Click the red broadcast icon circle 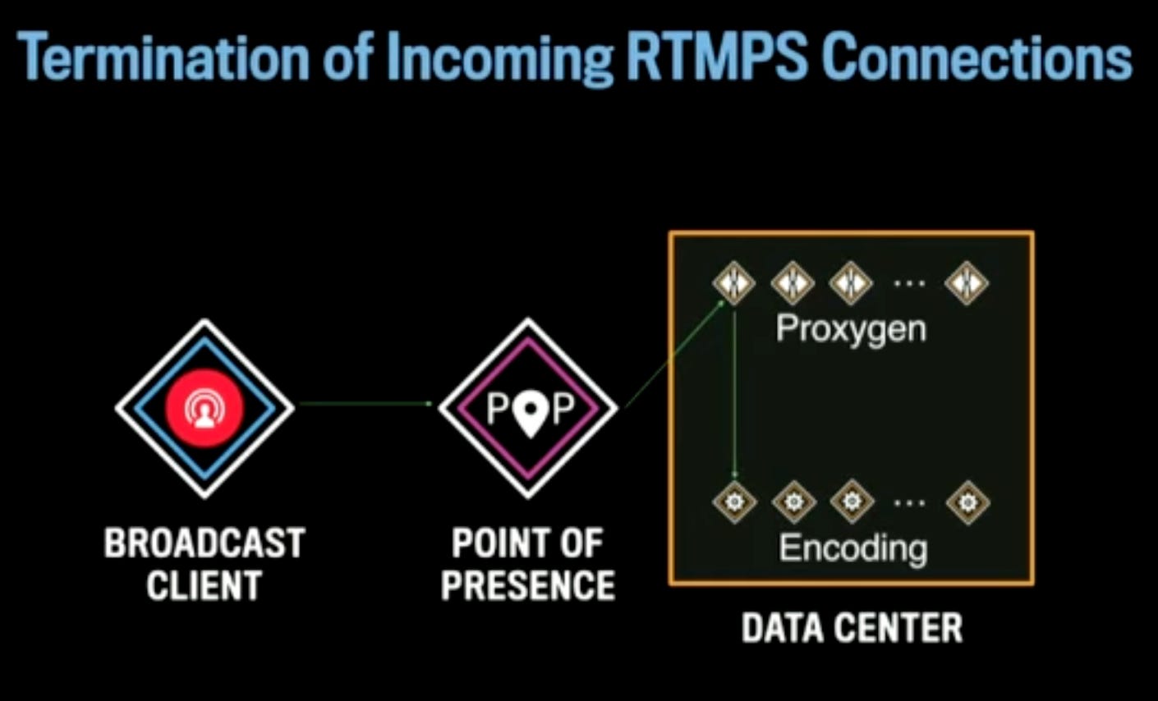point(204,408)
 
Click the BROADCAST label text point(204,544)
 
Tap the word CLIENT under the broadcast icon point(204,586)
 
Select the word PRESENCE point(528,586)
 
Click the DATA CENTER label point(852,628)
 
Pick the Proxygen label point(852,329)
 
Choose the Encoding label point(852,548)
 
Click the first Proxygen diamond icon point(733,282)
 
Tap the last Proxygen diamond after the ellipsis point(966,282)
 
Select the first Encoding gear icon point(733,501)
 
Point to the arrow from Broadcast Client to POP point(365,403)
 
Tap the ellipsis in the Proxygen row point(908,283)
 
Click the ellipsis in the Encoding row point(909,502)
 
